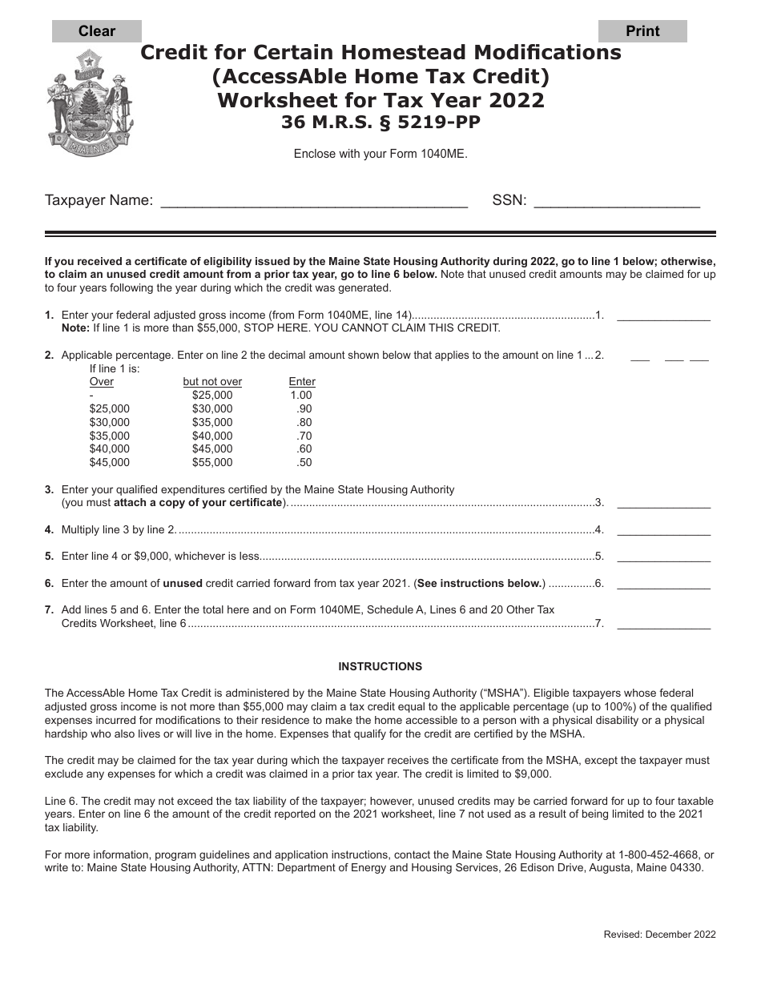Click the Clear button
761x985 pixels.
pos(97,31)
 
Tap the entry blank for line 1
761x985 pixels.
pos(663,316)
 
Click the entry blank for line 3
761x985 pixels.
pos(663,503)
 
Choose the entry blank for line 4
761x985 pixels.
pos(663,529)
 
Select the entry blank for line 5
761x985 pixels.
pos(663,557)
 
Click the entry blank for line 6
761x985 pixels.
pos(663,584)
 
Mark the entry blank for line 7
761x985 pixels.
pos(663,624)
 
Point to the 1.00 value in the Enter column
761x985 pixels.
pos(301,396)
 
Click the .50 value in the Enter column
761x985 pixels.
pos(304,463)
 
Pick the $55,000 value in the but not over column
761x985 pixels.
pos(212,463)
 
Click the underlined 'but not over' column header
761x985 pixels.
pos(212,382)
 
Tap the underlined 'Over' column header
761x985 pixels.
pos(102,382)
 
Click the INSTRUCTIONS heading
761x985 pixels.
pos(380,666)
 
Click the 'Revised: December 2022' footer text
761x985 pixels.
pos(659,934)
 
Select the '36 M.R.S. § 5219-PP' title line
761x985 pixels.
pos(381,123)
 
